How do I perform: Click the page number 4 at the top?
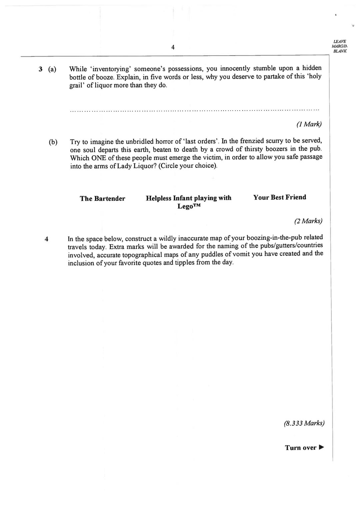(x=173, y=47)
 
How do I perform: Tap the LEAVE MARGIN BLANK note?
(x=339, y=46)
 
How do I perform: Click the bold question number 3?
(x=40, y=69)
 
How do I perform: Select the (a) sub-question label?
(x=52, y=69)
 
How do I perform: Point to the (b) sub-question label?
(x=53, y=142)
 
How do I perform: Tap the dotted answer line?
(x=195, y=109)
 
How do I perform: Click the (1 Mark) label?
(x=309, y=124)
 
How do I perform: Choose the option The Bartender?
(x=102, y=199)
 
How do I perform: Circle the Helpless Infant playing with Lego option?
(x=189, y=202)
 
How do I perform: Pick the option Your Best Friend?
(x=279, y=197)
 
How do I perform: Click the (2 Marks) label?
(x=308, y=221)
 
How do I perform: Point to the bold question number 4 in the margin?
(x=46, y=239)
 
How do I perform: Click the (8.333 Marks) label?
(x=304, y=423)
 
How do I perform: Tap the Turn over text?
(x=300, y=448)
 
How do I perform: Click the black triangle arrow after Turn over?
(x=321, y=447)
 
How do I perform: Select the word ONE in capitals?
(x=98, y=158)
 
